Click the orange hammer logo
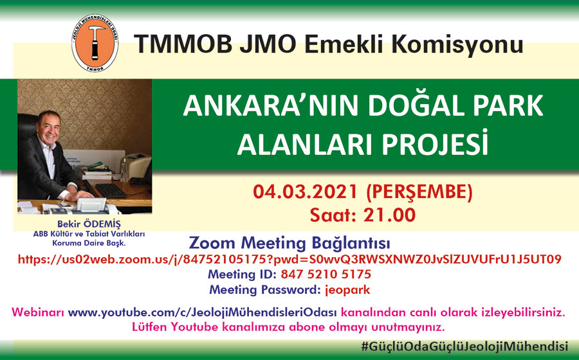(x=95, y=43)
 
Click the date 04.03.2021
(x=305, y=192)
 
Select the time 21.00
(x=390, y=215)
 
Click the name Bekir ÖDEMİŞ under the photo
(x=89, y=224)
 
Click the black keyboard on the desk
(x=110, y=190)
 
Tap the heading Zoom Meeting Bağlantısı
(x=289, y=244)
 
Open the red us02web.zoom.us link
(x=289, y=259)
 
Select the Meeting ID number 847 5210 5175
(x=326, y=274)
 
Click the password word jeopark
(x=347, y=290)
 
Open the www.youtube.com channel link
(x=203, y=312)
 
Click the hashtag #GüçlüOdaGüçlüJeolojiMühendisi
(x=464, y=346)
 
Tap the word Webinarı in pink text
(x=38, y=312)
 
